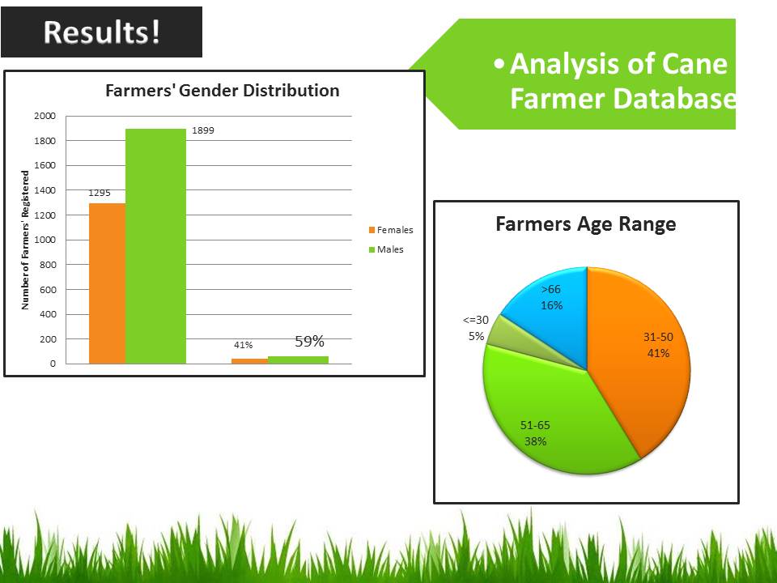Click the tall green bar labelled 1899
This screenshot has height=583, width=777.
click(155, 246)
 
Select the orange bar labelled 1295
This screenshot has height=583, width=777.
click(107, 283)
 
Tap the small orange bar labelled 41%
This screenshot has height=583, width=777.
click(250, 361)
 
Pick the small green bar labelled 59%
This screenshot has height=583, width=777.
click(299, 360)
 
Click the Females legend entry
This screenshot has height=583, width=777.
click(390, 230)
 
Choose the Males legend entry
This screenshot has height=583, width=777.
click(386, 249)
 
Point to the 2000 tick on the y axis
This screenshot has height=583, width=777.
click(45, 116)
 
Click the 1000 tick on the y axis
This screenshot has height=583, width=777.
click(45, 240)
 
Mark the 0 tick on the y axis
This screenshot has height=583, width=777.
click(53, 364)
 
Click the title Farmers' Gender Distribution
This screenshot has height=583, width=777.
click(223, 91)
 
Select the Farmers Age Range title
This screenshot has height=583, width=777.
click(586, 224)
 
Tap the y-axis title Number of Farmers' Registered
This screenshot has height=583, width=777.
click(25, 240)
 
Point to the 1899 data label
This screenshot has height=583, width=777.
click(203, 130)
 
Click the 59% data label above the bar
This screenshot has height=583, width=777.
click(310, 341)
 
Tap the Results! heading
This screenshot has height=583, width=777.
click(102, 32)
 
